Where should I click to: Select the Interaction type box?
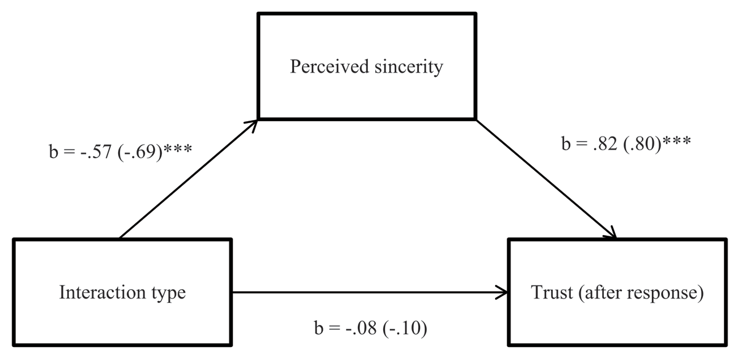coord(122,293)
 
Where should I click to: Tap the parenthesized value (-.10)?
coord(403,329)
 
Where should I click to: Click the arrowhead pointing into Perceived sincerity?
coord(252,122)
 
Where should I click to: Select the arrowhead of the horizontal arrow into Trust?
coord(504,293)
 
